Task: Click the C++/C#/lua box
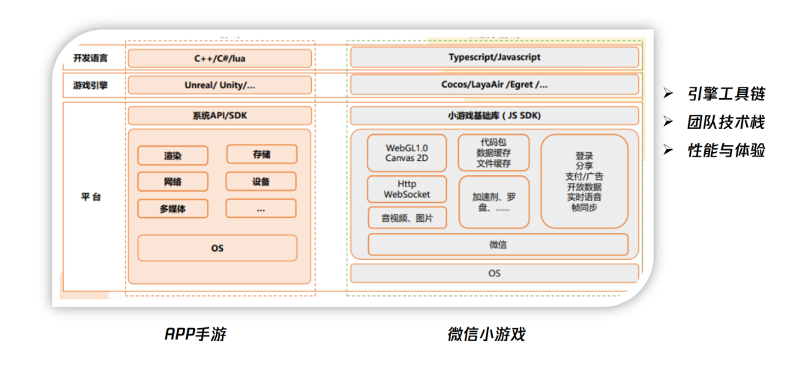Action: click(x=219, y=58)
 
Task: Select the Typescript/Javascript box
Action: click(x=494, y=58)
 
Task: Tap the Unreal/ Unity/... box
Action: click(x=219, y=85)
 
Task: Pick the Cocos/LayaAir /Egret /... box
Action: click(x=494, y=85)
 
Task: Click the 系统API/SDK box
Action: click(x=219, y=115)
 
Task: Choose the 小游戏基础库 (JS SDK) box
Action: click(x=494, y=115)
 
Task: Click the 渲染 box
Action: click(x=173, y=156)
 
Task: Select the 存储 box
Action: click(x=261, y=154)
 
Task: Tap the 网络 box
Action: click(x=173, y=182)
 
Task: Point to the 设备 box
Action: click(x=261, y=181)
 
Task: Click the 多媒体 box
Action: click(x=173, y=209)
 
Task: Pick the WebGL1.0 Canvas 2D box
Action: click(x=406, y=153)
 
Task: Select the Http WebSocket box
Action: click(x=406, y=189)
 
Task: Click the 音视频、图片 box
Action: click(x=406, y=218)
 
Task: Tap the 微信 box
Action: click(x=497, y=245)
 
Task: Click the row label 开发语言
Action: click(x=90, y=58)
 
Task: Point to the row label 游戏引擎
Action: click(x=90, y=85)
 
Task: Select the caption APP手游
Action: click(x=195, y=335)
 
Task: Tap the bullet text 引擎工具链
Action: click(x=726, y=95)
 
